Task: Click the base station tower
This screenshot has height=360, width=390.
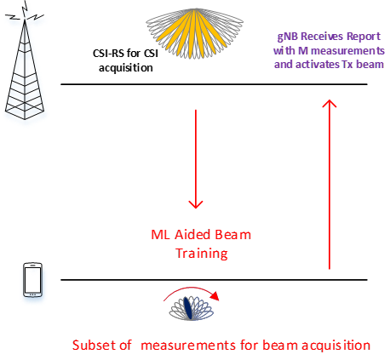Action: [25, 70]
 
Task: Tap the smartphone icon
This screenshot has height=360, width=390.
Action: [32, 280]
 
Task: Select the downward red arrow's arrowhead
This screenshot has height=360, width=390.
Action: [196, 204]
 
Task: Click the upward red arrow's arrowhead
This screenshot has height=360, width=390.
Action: [330, 103]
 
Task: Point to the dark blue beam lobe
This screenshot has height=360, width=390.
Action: [187, 308]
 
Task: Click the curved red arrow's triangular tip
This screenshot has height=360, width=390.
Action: [215, 296]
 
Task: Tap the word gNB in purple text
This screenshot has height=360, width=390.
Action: [287, 37]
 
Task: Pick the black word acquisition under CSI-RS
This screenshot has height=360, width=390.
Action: [126, 68]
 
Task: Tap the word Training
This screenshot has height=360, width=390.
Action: [202, 254]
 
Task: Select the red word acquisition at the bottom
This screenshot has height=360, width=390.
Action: [336, 346]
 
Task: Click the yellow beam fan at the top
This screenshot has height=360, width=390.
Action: [193, 31]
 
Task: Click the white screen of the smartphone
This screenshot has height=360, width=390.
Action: [32, 280]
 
